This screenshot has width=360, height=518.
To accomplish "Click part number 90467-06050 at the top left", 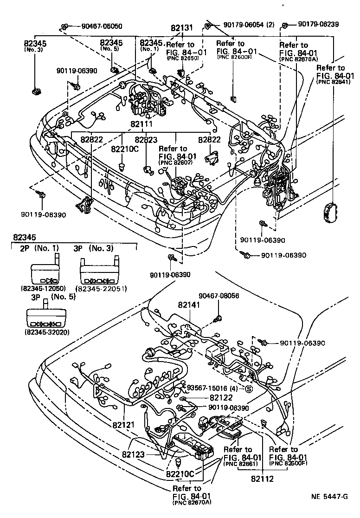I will point(96,26).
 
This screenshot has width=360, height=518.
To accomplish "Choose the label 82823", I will point(146,139).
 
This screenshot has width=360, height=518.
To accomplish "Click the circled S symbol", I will point(248,388).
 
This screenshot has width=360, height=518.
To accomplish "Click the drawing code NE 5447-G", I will point(329,509).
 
